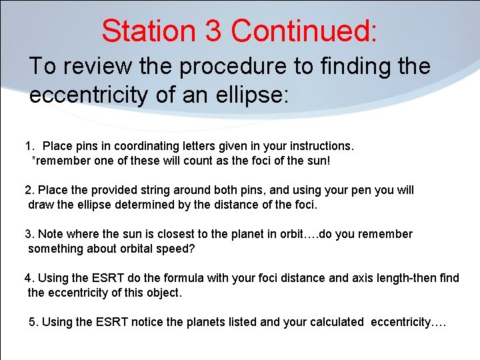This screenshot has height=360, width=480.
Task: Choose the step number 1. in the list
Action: coord(29,146)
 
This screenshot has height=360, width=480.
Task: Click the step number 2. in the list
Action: coord(29,190)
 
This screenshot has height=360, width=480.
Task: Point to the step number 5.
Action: coord(34,322)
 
